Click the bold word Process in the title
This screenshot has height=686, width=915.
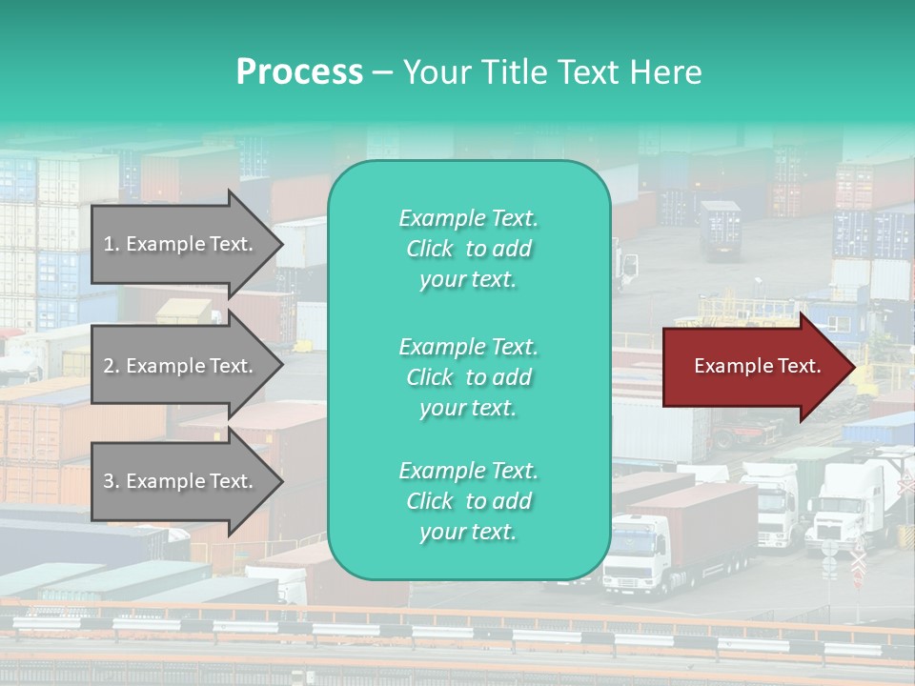click(299, 72)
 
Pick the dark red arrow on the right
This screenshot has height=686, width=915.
click(753, 366)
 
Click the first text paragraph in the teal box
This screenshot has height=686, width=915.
click(468, 249)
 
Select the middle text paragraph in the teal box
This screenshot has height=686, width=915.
click(468, 377)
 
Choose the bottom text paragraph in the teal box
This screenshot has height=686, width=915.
click(468, 501)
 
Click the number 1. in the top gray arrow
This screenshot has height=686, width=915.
click(112, 244)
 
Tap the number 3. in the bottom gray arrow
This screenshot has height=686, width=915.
click(112, 481)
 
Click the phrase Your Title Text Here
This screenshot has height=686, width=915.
click(552, 72)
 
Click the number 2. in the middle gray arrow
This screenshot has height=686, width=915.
click(112, 366)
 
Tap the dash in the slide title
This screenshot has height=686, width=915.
click(382, 73)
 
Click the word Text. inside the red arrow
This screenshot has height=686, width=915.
click(796, 366)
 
